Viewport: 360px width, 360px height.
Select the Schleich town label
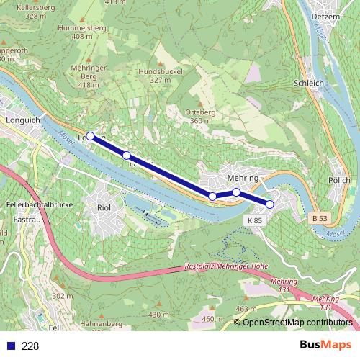[308, 83]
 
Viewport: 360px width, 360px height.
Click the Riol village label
[103, 208]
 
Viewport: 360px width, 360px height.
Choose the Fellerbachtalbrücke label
[31, 204]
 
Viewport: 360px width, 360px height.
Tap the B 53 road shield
[320, 217]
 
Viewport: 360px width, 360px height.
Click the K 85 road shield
[253, 220]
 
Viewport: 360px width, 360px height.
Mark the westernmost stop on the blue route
[90, 135]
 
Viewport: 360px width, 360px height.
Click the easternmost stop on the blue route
[270, 204]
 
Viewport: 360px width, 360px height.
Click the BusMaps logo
[326, 346]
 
